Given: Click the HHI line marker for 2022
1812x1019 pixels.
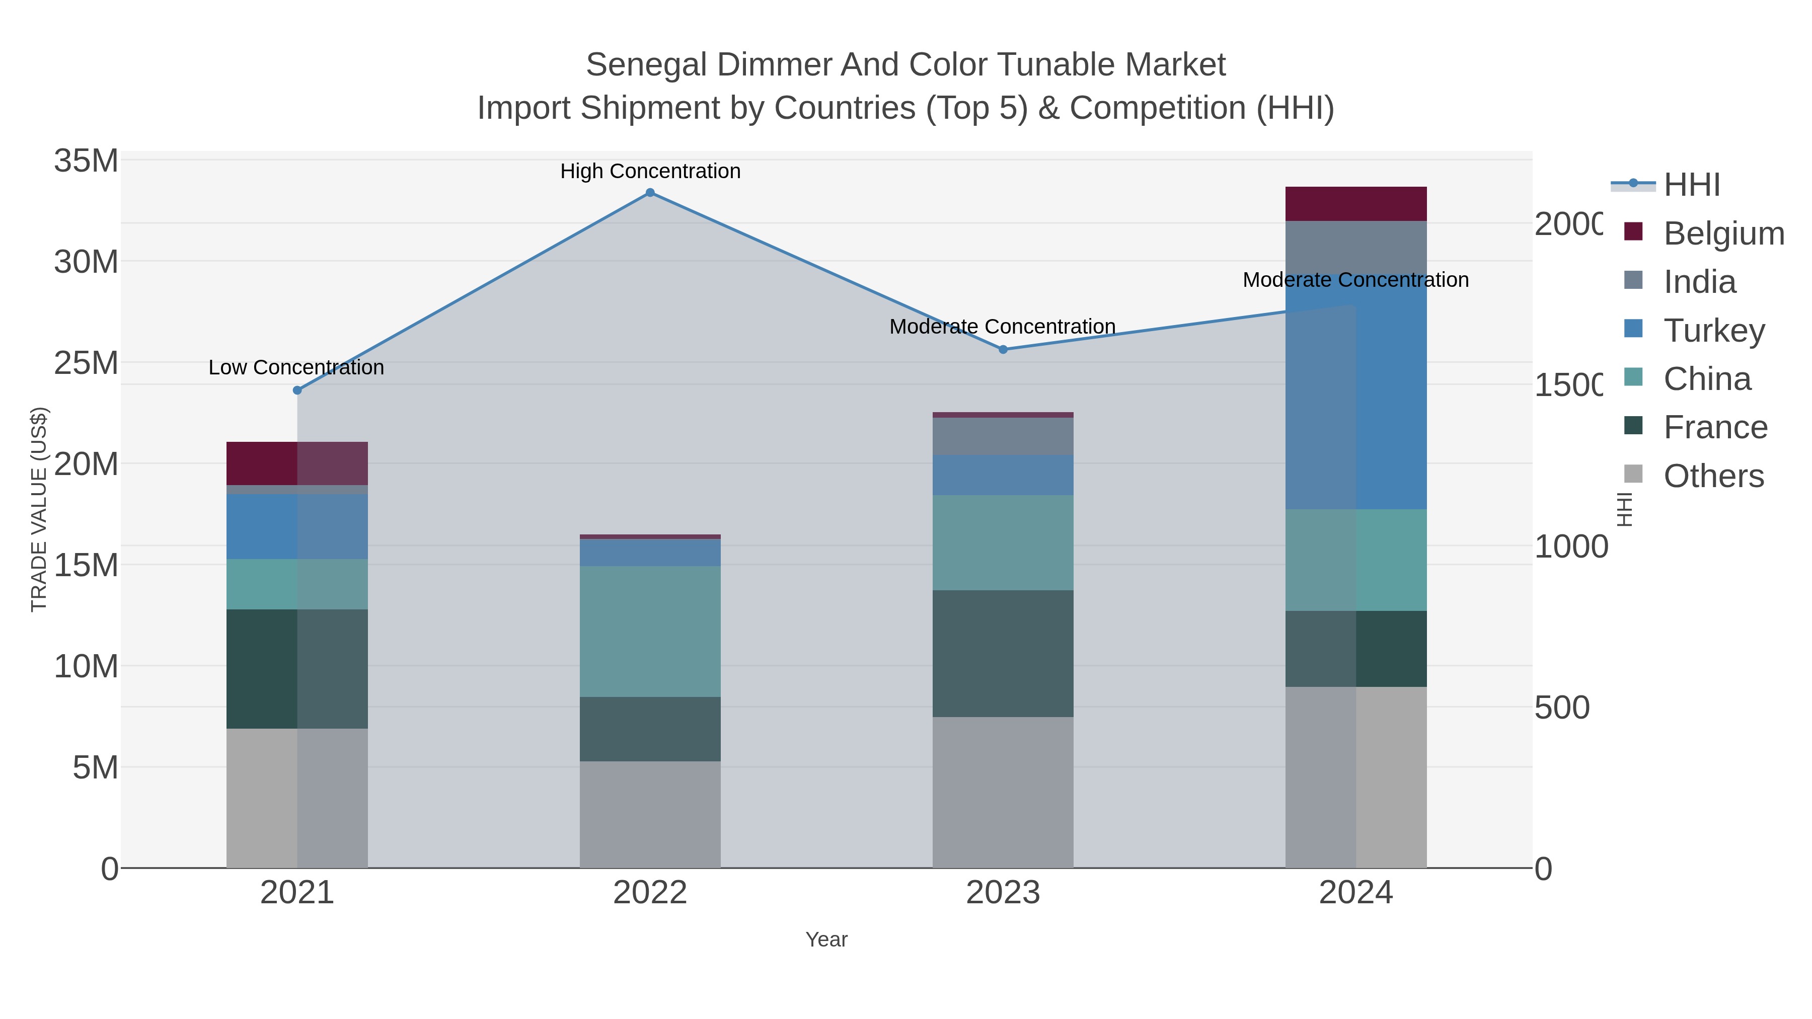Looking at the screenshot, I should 650,193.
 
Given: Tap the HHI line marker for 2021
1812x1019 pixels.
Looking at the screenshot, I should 297,390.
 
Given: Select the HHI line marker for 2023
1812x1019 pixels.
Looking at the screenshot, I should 1003,350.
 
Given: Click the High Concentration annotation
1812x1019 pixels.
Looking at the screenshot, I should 650,171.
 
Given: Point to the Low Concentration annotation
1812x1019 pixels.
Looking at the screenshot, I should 296,367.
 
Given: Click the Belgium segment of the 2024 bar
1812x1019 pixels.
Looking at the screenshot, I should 1355,204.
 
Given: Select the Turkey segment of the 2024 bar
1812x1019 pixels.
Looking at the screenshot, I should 1355,391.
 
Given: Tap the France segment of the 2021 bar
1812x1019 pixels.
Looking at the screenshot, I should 297,669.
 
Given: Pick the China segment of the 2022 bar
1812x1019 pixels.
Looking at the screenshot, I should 650,632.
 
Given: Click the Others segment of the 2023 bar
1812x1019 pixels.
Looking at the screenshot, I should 1003,793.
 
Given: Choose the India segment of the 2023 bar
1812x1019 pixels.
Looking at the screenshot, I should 1003,436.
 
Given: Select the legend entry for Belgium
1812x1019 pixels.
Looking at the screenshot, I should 1723,233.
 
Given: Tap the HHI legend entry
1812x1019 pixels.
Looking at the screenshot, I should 1691,184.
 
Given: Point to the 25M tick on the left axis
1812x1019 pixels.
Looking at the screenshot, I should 86,363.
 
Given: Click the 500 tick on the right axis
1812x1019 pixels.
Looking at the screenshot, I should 1561,708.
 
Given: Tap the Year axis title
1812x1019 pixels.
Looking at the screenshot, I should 826,939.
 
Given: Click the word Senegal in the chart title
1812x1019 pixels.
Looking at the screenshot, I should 646,65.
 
